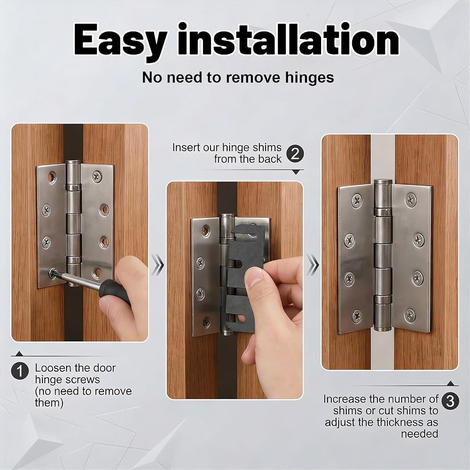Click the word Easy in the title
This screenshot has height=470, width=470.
[x=120, y=40]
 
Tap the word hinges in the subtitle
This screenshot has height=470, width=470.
[x=309, y=78]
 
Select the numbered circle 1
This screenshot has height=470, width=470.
[x=20, y=371]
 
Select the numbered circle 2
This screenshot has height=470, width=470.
[x=295, y=154]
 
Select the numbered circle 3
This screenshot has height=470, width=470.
[x=450, y=401]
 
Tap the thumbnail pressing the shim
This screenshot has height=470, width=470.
[x=253, y=277]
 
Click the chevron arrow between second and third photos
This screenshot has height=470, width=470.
[x=313, y=265]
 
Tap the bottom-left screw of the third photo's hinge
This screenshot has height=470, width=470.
[x=357, y=316]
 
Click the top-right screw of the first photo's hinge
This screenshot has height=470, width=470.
[x=96, y=176]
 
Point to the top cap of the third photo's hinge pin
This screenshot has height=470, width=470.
[x=383, y=182]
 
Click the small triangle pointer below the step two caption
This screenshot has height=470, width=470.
[x=296, y=172]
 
